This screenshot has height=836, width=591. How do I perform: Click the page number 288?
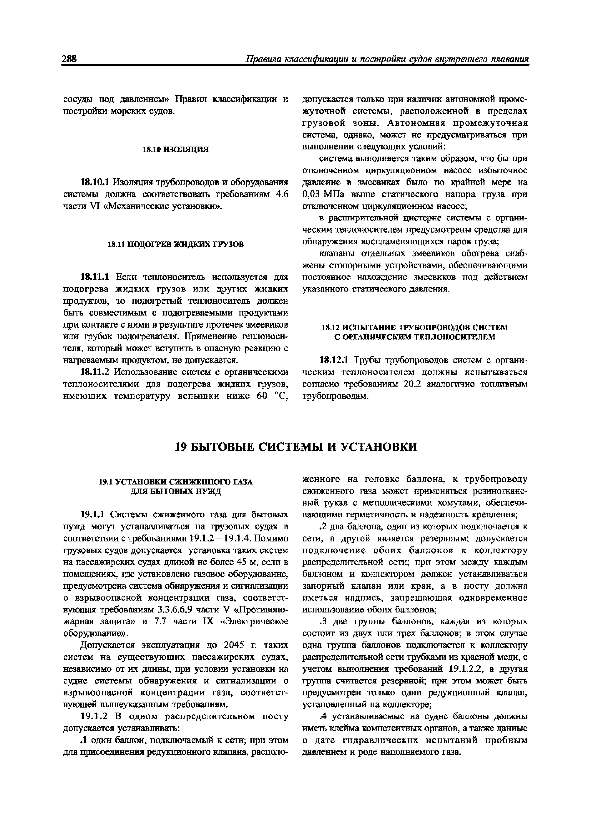click(x=69, y=59)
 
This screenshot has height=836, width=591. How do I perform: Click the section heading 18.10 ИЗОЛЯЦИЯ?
click(x=176, y=149)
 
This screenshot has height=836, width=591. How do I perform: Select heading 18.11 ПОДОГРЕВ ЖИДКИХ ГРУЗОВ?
click(x=176, y=244)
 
